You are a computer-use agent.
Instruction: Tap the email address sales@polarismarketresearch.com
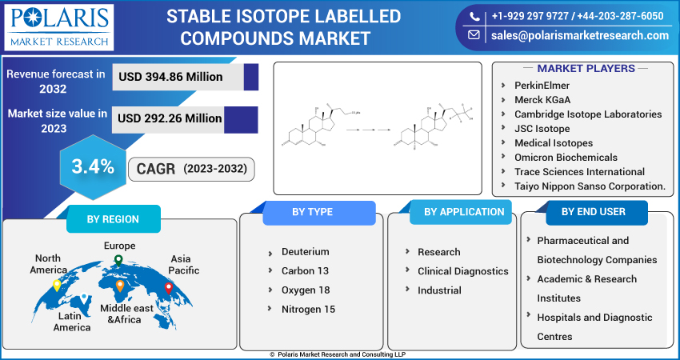click(579, 35)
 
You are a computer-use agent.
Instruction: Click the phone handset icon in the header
click(474, 16)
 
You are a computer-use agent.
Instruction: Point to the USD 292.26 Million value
click(170, 118)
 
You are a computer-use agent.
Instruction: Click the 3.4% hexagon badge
click(93, 167)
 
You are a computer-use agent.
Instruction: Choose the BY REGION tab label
click(112, 219)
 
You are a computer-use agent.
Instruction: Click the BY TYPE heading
click(312, 212)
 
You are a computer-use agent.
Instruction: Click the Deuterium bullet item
click(305, 251)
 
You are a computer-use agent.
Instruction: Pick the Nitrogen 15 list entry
click(308, 309)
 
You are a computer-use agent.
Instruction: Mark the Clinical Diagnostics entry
click(462, 271)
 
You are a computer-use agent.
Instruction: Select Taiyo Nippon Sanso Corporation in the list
click(590, 186)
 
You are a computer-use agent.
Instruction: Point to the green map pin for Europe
click(118, 260)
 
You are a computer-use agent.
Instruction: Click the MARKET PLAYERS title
click(586, 69)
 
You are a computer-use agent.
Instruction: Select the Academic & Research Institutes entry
click(586, 288)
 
